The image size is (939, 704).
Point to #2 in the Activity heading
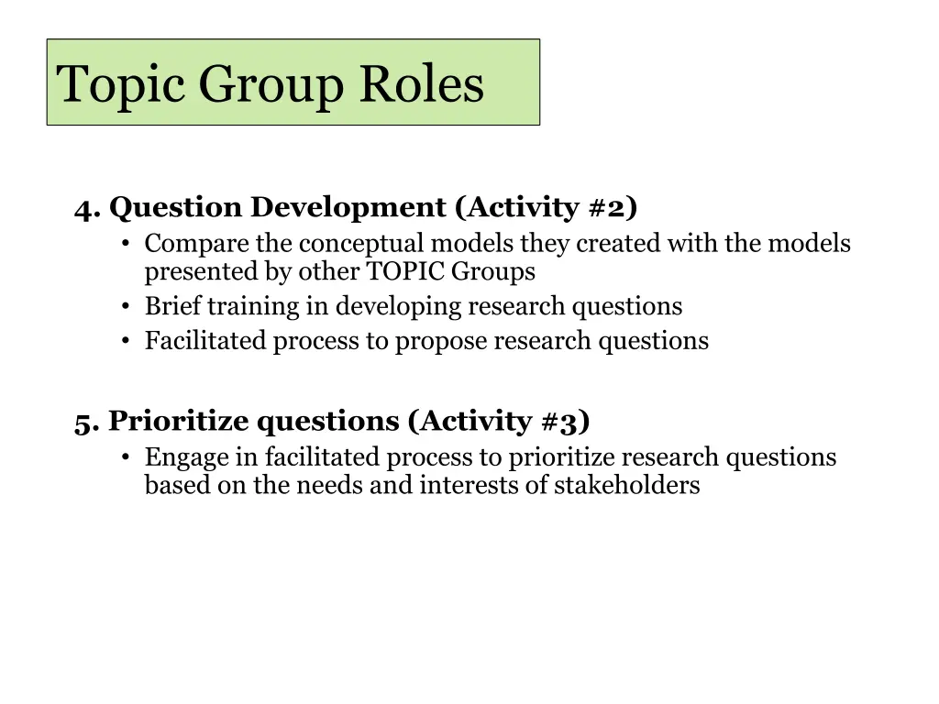[x=609, y=208]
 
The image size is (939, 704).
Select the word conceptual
[x=363, y=245]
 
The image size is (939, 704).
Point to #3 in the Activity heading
[x=561, y=422]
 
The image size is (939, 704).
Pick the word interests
[x=463, y=485]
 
